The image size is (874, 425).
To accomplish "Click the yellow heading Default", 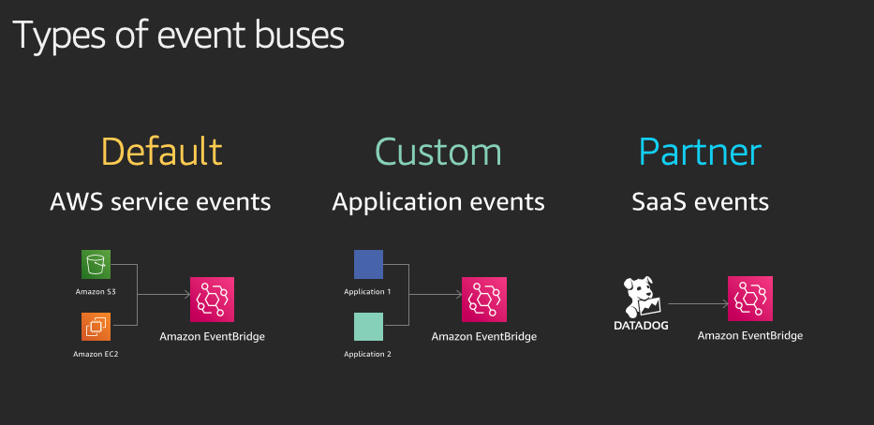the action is pos(162,151).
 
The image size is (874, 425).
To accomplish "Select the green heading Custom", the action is pos(438,151).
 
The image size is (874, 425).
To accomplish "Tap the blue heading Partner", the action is pos(700,151).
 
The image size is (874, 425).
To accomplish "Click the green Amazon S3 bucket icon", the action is pos(96,264).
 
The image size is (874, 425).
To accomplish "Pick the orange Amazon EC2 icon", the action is pos(96,327).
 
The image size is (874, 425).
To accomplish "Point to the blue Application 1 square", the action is pos(368,264).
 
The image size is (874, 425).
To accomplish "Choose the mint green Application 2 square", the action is pos(368,327).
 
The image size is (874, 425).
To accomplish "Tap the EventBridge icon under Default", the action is pos(212,300).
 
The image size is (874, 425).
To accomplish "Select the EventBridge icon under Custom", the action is pos(483,300).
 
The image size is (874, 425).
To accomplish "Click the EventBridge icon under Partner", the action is pos(750,299).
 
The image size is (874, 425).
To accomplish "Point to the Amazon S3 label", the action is pos(96,291).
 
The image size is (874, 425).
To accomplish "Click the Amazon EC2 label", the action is pos(96,354).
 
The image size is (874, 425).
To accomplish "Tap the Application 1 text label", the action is pos(367,291).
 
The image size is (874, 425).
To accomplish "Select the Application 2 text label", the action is pos(367,354).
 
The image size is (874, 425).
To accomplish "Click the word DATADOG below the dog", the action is pos(641,325).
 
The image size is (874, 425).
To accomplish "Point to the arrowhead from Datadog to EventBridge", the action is pos(725,303).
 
